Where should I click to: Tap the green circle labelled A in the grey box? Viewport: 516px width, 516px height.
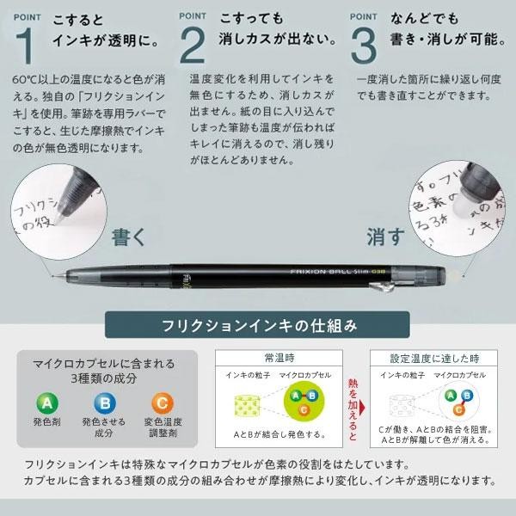[46, 402]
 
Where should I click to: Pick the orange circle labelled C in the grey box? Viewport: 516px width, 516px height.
[161, 402]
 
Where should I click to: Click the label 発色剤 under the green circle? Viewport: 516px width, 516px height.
[46, 422]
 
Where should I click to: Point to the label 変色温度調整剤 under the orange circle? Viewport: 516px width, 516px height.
[161, 428]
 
